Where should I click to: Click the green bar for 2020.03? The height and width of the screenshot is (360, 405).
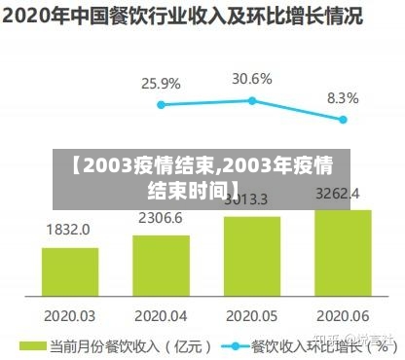pyautogui.click(x=69, y=271)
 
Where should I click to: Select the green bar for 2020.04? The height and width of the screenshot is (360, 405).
pyautogui.click(x=161, y=265)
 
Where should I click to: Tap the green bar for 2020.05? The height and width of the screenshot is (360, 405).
pyautogui.click(x=252, y=255)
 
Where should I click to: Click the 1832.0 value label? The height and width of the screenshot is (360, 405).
pyautogui.click(x=68, y=231)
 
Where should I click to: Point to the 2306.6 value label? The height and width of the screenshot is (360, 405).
pyautogui.click(x=160, y=218)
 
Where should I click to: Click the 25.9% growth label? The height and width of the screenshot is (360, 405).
pyautogui.click(x=161, y=84)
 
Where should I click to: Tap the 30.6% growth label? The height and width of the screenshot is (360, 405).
pyautogui.click(x=252, y=78)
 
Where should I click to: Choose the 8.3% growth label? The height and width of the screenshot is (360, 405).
pyautogui.click(x=343, y=98)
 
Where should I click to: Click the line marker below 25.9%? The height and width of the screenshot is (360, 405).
pyautogui.click(x=161, y=104)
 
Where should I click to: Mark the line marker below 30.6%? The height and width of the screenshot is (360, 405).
pyautogui.click(x=252, y=100)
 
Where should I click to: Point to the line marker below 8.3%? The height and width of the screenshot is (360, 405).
pyautogui.click(x=343, y=120)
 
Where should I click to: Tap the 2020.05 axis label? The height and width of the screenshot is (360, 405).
pyautogui.click(x=251, y=315)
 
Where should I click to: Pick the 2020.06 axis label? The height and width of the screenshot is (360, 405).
pyautogui.click(x=342, y=315)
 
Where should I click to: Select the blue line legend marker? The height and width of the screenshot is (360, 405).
pyautogui.click(x=234, y=345)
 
